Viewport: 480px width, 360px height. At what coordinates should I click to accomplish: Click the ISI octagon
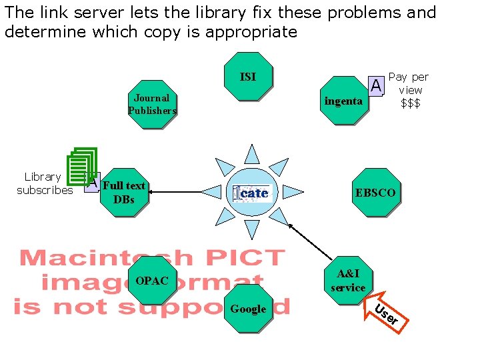click(x=248, y=77)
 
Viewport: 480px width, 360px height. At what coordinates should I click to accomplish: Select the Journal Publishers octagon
click(x=152, y=104)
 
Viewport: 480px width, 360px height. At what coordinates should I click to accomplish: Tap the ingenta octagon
click(x=343, y=101)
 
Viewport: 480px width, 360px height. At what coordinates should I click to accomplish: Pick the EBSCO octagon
click(x=375, y=193)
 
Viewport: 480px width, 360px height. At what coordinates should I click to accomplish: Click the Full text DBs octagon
click(x=124, y=193)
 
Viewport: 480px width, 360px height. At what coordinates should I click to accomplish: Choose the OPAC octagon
click(x=152, y=281)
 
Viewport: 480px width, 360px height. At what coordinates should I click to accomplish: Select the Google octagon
click(x=248, y=309)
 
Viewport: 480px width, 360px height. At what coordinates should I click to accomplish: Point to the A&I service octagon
click(x=348, y=281)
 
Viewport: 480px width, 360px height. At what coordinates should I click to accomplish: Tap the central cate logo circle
click(x=252, y=193)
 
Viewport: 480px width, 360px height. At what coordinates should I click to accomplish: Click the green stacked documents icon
click(x=83, y=164)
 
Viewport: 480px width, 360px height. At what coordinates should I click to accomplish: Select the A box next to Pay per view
click(x=376, y=85)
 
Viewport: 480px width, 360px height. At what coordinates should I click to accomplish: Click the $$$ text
click(x=410, y=103)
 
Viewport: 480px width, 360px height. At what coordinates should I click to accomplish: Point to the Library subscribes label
click(x=44, y=183)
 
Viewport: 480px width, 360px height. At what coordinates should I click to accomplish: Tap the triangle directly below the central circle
click(x=252, y=229)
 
